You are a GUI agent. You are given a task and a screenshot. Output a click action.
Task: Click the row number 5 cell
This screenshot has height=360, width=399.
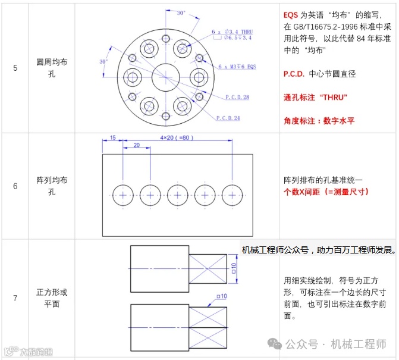tap(15, 67)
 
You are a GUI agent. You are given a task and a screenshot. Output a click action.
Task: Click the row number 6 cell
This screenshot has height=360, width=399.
tap(15, 186)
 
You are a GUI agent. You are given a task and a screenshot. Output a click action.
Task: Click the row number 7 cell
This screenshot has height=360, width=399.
tap(15, 299)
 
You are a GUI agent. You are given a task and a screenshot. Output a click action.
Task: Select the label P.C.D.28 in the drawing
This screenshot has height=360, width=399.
tap(237, 97)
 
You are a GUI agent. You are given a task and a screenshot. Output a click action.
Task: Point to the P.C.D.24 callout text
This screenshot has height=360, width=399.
tap(228, 118)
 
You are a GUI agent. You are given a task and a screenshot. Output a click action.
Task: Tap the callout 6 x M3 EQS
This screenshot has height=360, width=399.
tap(238, 66)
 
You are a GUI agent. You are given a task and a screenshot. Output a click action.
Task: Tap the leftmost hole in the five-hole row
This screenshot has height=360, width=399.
tap(123, 195)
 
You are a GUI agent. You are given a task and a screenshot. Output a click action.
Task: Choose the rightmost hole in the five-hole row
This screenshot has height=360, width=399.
tap(232, 195)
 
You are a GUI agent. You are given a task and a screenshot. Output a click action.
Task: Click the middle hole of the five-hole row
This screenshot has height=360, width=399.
tap(178, 195)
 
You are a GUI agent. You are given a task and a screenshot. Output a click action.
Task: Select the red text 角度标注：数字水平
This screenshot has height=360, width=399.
tap(319, 120)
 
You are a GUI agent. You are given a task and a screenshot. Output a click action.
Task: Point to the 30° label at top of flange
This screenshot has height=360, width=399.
tap(181, 12)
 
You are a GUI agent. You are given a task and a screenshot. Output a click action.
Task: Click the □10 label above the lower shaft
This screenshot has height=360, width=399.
tap(222, 296)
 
